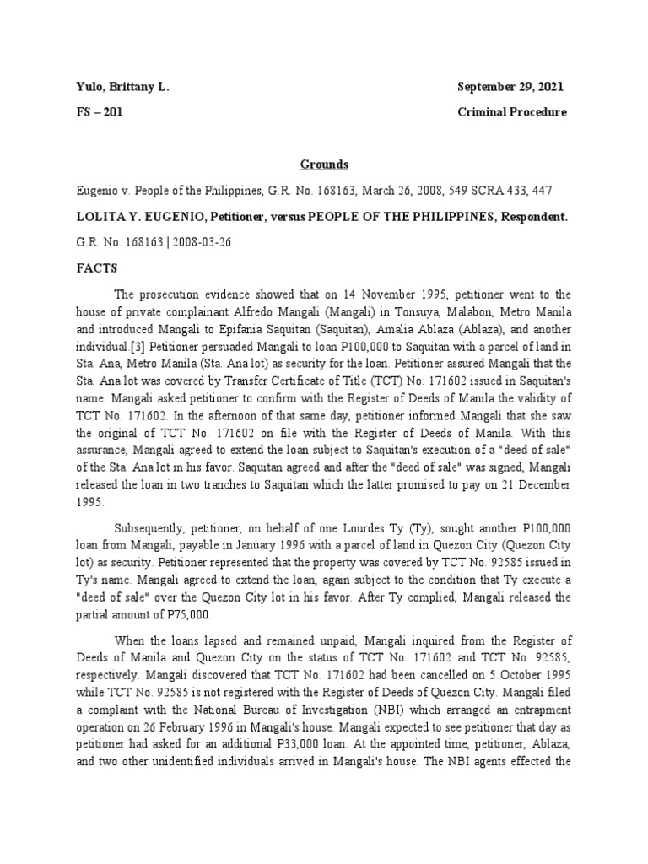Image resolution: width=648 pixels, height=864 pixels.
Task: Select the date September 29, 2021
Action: pos(510,87)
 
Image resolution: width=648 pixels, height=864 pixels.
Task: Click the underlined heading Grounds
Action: pos(325,165)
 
